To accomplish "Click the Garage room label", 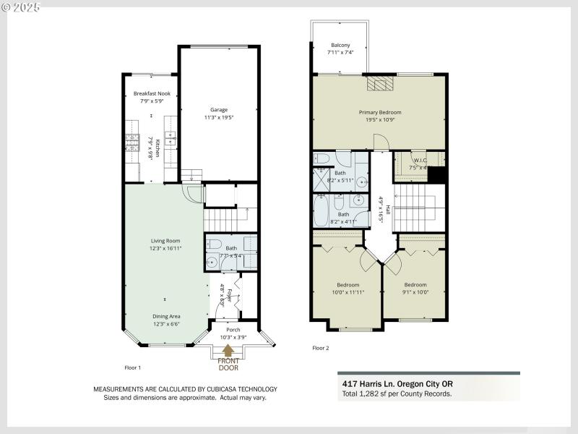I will pyautogui.click(x=218, y=109).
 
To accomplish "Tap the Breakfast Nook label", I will pyautogui.click(x=152, y=94).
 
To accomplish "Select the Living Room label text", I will pyautogui.click(x=165, y=241).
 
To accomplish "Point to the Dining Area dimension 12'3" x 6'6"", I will pyautogui.click(x=166, y=324).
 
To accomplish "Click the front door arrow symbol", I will pyautogui.click(x=228, y=352).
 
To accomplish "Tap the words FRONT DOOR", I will pyautogui.click(x=228, y=364).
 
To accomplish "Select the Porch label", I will pyautogui.click(x=233, y=330).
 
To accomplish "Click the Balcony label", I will pyautogui.click(x=340, y=45).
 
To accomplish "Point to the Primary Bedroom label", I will pyautogui.click(x=380, y=112).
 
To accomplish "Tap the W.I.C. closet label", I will pyautogui.click(x=420, y=160).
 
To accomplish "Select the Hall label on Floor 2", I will pyautogui.click(x=388, y=209).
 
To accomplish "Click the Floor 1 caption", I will pyautogui.click(x=133, y=367).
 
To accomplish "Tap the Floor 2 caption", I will pyautogui.click(x=320, y=348).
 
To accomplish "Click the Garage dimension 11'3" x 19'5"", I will pyautogui.click(x=218, y=116).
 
